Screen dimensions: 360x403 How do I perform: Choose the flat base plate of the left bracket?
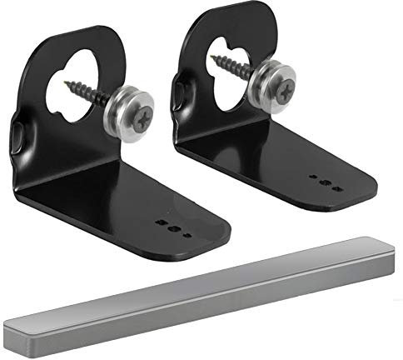pyautogui.click(x=142, y=204)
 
